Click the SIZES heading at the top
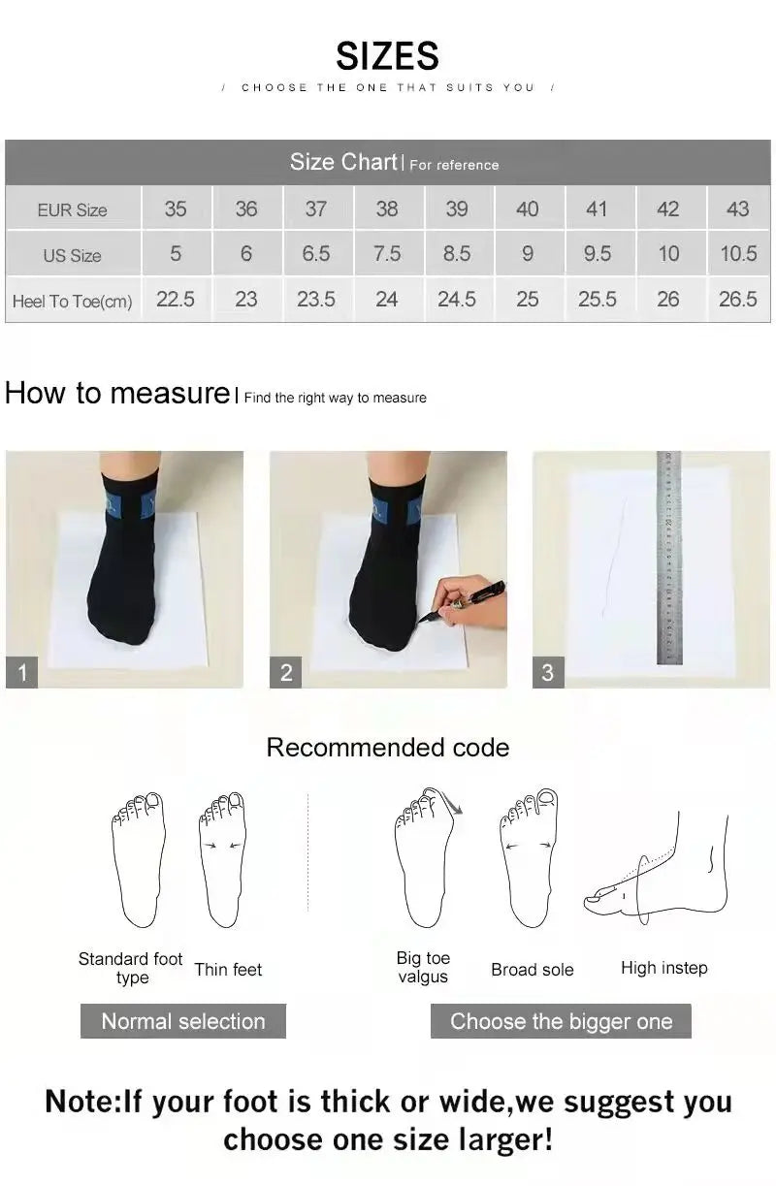[x=387, y=56]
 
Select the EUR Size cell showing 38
[x=386, y=208]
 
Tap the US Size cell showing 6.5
[x=315, y=254]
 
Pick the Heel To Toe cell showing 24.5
[x=456, y=300]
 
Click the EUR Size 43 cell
[x=737, y=208]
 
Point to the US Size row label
[x=72, y=256]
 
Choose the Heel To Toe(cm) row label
[x=72, y=302]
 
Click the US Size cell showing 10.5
[x=737, y=254]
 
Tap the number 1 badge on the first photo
[x=22, y=672]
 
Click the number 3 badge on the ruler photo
[x=547, y=672]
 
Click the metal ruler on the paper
[x=669, y=558]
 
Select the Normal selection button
[x=182, y=1021]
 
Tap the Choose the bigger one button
[x=561, y=1021]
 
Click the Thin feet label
[x=228, y=970]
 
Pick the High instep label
[x=663, y=968]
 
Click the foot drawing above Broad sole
[x=529, y=858]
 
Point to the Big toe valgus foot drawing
[x=425, y=858]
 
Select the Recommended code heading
[x=387, y=748]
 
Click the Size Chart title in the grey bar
[x=343, y=162]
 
